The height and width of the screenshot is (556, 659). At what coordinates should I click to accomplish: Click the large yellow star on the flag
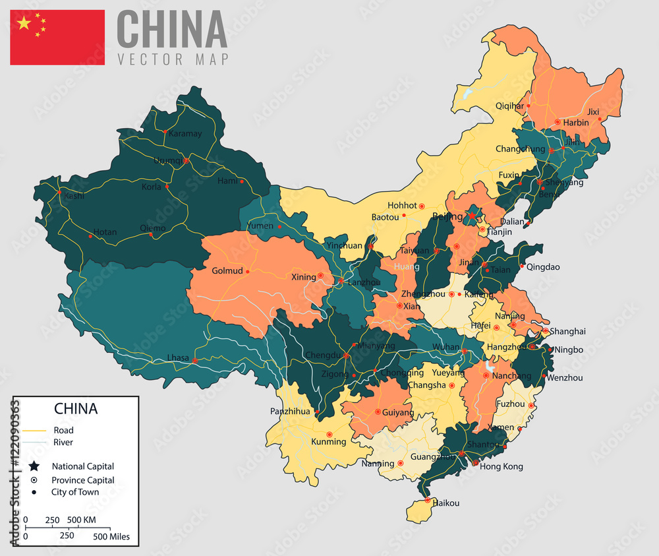24,24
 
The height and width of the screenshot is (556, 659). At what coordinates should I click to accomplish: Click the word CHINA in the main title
172,29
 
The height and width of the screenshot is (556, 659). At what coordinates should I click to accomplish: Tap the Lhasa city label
178,358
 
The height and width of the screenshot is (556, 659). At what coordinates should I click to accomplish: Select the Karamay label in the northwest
185,133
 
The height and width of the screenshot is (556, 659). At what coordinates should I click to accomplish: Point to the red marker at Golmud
247,271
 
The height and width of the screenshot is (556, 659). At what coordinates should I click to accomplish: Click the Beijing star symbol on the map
472,215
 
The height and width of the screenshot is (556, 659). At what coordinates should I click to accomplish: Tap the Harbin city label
577,123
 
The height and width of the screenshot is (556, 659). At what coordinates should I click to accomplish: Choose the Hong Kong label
501,466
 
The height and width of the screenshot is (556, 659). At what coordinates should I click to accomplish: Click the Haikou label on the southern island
445,503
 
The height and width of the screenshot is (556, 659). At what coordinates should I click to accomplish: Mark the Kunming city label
328,441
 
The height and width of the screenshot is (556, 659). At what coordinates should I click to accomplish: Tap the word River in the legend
63,443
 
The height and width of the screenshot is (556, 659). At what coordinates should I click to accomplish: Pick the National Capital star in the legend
35,466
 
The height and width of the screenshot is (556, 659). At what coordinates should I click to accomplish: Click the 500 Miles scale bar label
111,536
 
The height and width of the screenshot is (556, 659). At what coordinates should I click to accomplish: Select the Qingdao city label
544,267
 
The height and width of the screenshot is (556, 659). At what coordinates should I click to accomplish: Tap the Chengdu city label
322,355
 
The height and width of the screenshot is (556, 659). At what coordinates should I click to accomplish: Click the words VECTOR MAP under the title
173,59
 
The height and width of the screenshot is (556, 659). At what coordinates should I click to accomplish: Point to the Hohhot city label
402,205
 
